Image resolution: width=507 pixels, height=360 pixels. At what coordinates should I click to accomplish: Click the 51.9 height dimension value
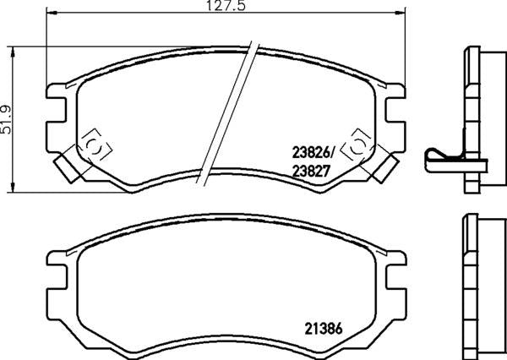coord(7,122)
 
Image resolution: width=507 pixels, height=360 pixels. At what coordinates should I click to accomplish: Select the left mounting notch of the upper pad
coord(57,107)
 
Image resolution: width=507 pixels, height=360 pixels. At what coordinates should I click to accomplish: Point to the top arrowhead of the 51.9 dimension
coord(13,49)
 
